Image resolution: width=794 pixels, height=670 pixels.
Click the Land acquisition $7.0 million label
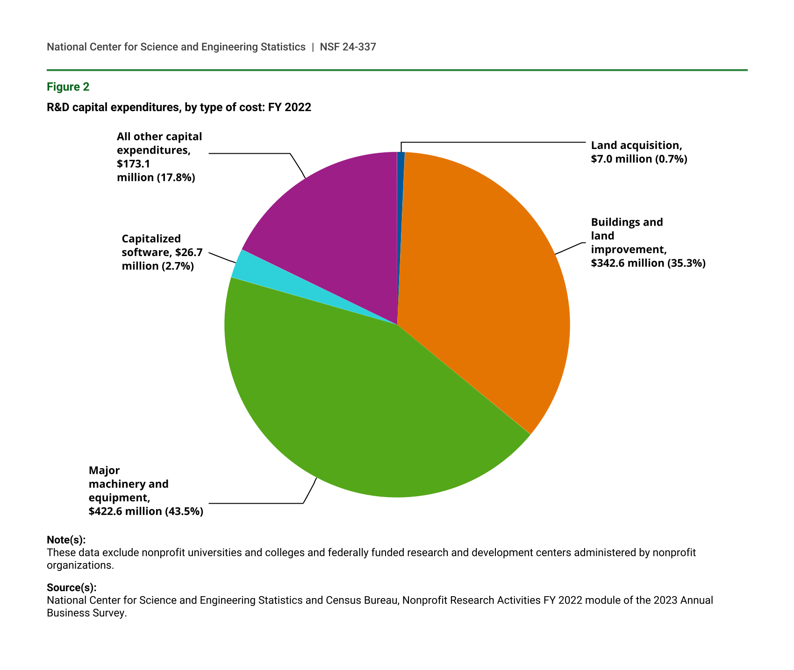pos(638,152)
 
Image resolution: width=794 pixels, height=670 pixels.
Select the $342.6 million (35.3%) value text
pos(648,263)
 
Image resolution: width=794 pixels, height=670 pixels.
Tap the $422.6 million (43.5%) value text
pos(146,511)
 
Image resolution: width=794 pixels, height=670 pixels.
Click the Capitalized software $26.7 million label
pos(162,252)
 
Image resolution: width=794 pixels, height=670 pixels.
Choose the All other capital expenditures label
pos(159,157)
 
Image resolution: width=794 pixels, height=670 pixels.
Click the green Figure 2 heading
pos(68,87)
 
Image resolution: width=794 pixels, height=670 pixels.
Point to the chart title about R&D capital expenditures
pos(179,107)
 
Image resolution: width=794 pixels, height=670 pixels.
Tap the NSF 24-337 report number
pos(348,47)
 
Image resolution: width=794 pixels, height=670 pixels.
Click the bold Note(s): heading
pos(66,540)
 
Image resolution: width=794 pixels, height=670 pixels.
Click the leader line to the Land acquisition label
pos(491,142)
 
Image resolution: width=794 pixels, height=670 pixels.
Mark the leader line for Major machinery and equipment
pos(257,503)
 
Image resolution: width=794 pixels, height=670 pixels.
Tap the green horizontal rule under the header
pos(397,70)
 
